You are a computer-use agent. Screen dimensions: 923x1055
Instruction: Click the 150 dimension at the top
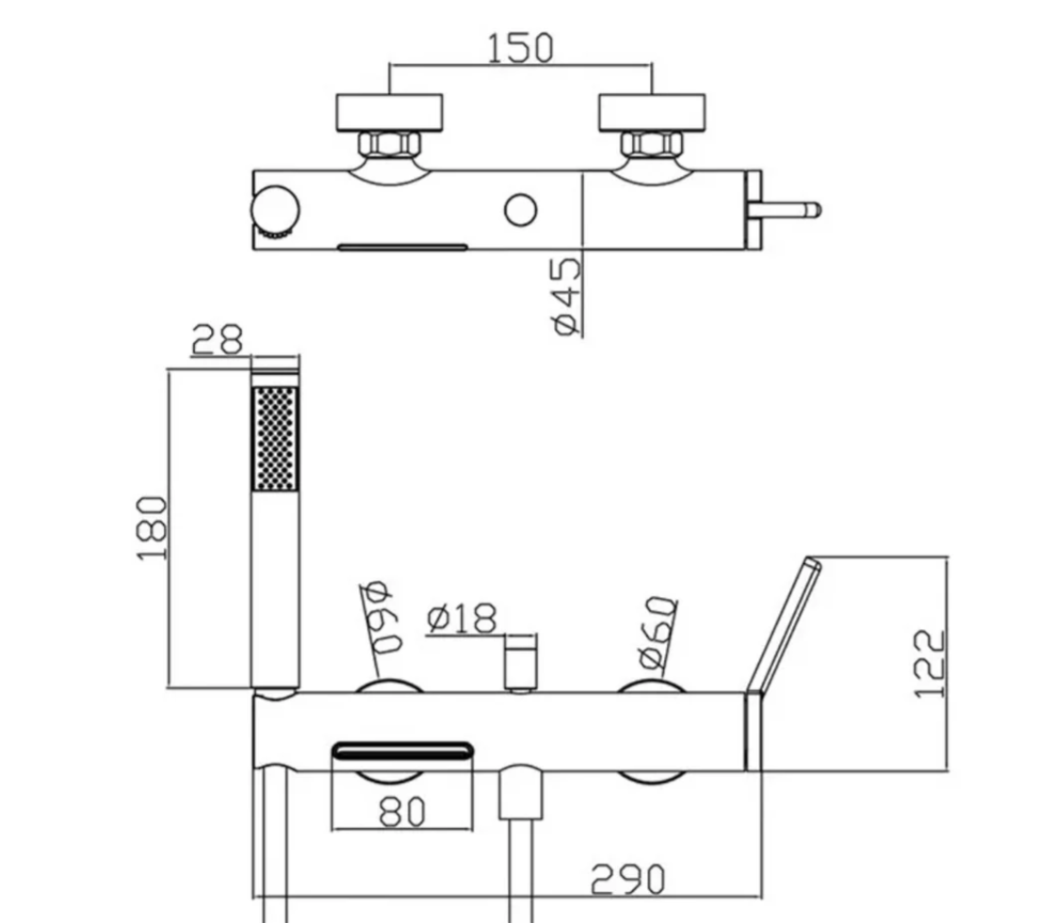pos(520,47)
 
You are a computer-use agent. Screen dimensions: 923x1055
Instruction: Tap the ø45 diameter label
pos(565,296)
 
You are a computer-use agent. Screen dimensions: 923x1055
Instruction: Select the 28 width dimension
pos(218,339)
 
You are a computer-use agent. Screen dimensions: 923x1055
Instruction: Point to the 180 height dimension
pos(153,528)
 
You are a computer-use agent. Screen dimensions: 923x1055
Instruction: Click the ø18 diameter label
pos(461,619)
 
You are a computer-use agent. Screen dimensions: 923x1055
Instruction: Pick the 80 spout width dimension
pos(402,811)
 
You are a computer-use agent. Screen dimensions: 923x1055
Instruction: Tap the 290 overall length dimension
pos(627,880)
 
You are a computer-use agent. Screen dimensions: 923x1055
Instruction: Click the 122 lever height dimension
pos(929,663)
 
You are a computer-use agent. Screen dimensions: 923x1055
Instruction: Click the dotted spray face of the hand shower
pos(275,438)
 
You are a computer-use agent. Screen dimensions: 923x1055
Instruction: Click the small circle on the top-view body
pos(520,210)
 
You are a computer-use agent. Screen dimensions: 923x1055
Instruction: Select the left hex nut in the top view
pos(389,144)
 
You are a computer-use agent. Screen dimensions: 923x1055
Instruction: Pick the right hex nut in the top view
pos(651,144)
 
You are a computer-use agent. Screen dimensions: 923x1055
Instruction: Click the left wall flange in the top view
pos(389,111)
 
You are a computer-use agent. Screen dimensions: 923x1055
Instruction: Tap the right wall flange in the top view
pos(652,111)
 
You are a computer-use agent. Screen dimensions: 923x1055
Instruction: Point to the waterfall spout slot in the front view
pos(402,752)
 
